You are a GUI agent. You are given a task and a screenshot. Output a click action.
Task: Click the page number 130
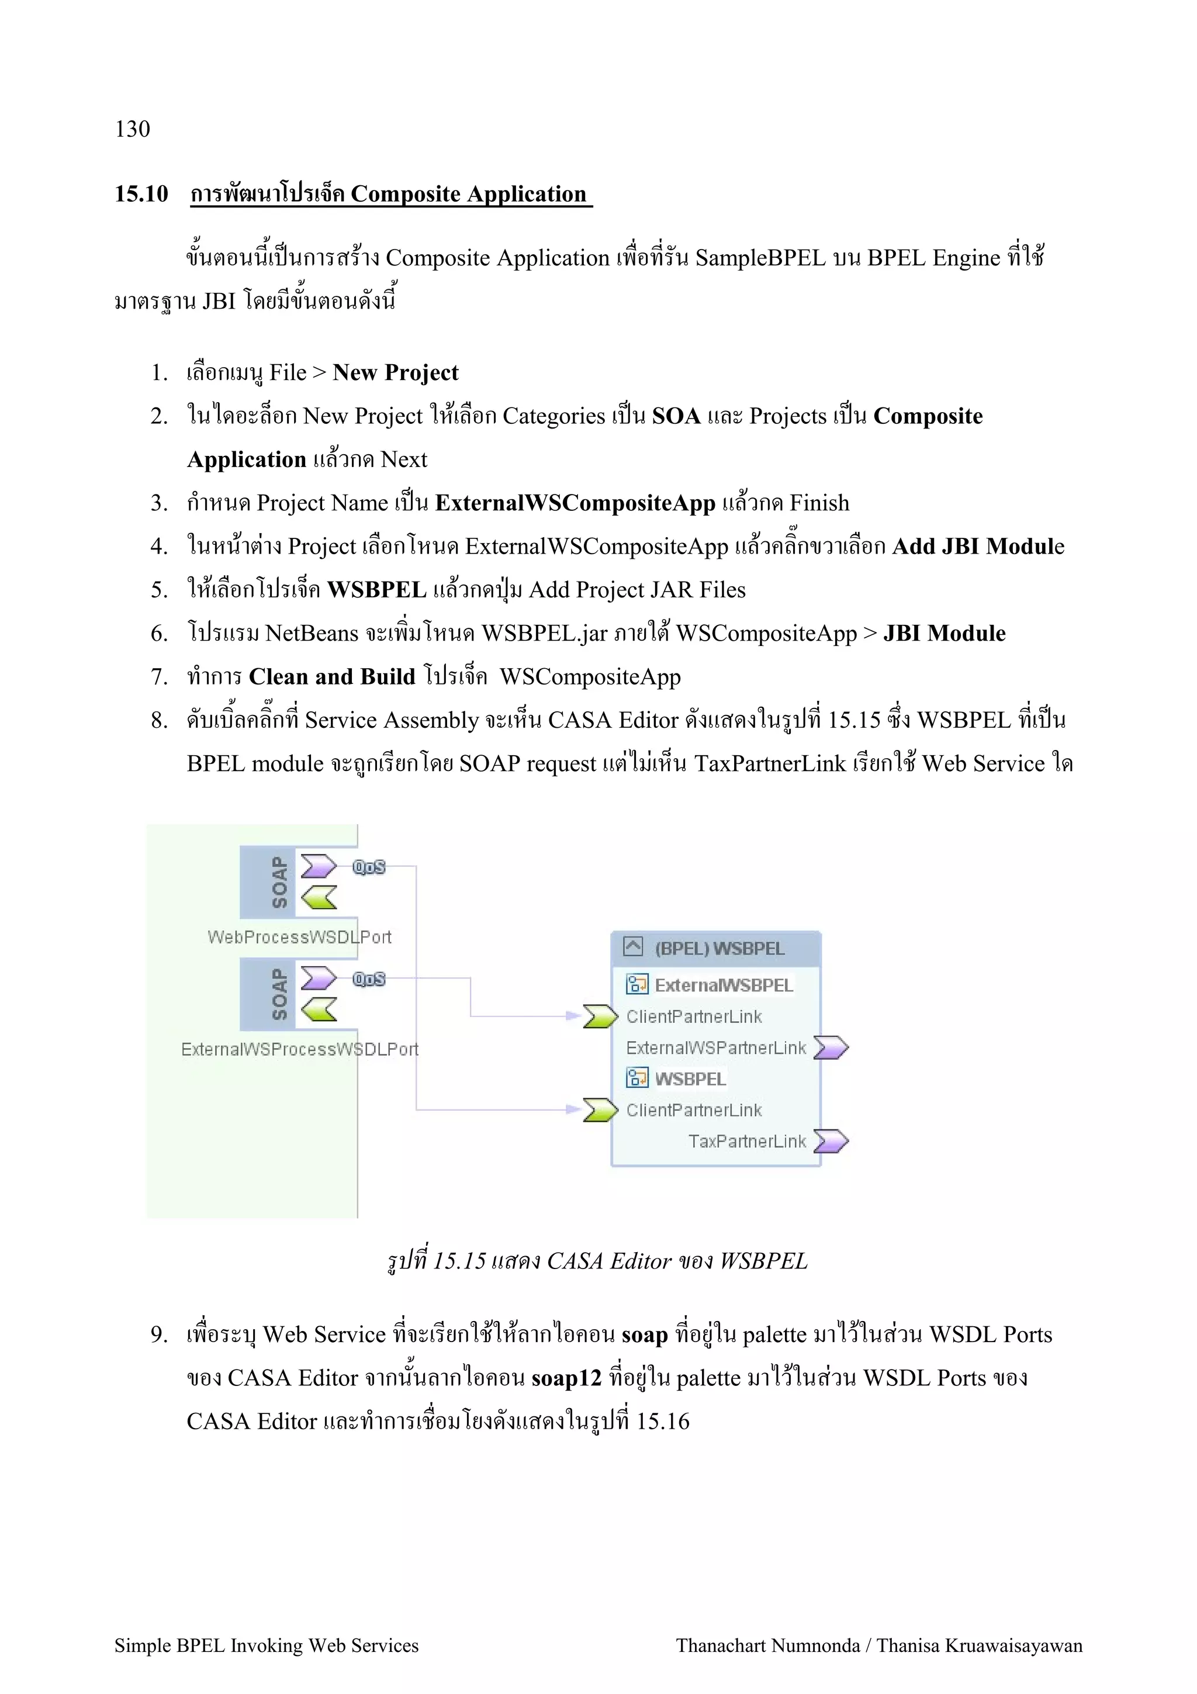(x=133, y=129)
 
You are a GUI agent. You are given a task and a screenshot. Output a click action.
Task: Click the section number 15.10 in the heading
(x=141, y=194)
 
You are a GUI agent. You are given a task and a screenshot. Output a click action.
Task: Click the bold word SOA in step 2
(x=676, y=416)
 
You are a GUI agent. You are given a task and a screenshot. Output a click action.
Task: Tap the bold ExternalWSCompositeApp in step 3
(x=575, y=503)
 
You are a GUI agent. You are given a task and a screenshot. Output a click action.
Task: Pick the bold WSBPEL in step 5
(x=376, y=590)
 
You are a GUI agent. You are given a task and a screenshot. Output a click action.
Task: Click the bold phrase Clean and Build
(x=332, y=676)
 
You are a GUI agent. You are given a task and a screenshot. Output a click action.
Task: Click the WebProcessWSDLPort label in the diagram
(x=299, y=937)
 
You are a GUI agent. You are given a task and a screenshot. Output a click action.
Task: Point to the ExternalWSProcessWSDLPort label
(x=299, y=1049)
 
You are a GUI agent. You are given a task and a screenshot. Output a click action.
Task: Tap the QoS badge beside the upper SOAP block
(x=369, y=867)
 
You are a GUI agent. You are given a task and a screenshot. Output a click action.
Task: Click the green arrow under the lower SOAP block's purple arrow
(x=319, y=1010)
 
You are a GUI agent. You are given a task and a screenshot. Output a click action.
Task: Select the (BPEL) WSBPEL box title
(x=719, y=949)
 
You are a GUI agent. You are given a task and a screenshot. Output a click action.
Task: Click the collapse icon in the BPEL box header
(x=633, y=946)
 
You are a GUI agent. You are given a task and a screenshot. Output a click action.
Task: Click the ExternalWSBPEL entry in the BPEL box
(x=723, y=986)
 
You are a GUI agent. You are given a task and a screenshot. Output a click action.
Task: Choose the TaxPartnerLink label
(x=746, y=1142)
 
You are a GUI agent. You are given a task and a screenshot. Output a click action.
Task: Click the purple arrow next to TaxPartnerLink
(x=831, y=1142)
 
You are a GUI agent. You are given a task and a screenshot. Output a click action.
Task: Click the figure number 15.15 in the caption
(x=459, y=1261)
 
